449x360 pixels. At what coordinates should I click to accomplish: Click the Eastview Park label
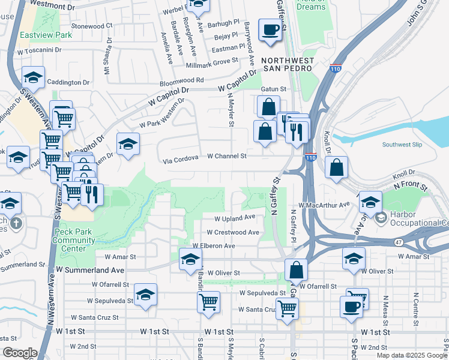click(46, 35)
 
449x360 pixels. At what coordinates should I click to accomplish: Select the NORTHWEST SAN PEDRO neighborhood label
click(287, 64)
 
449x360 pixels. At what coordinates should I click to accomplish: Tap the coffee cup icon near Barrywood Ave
click(270, 29)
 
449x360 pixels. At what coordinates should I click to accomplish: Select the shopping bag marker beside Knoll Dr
click(337, 168)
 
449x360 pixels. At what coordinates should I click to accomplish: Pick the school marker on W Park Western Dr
click(128, 145)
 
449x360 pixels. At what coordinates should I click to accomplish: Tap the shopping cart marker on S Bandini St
click(208, 302)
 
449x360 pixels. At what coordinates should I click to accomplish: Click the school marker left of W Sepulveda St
click(145, 295)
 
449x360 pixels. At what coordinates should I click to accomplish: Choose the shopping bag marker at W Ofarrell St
click(296, 271)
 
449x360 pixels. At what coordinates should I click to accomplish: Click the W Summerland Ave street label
click(90, 270)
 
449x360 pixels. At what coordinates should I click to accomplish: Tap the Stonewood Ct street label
click(92, 26)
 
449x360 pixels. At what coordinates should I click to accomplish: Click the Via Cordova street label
click(181, 161)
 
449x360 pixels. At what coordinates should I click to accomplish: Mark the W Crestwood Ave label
click(232, 232)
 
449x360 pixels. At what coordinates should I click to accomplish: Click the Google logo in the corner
click(20, 353)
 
